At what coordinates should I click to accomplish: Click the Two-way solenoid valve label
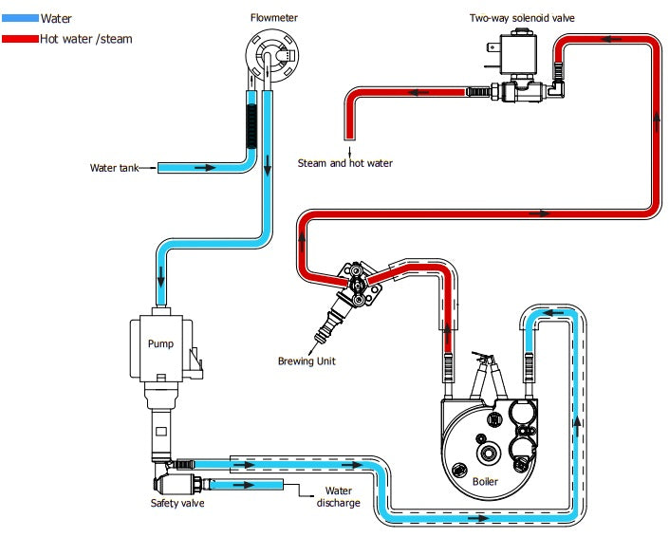pyautogui.click(x=522, y=18)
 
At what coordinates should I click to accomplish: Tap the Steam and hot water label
pyautogui.click(x=344, y=163)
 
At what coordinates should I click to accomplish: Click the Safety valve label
pyautogui.click(x=177, y=503)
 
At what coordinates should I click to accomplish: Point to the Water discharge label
pyautogui.click(x=338, y=496)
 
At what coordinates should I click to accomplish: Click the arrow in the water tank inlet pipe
pyautogui.click(x=202, y=168)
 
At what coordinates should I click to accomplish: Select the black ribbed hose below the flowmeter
pyautogui.click(x=251, y=124)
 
